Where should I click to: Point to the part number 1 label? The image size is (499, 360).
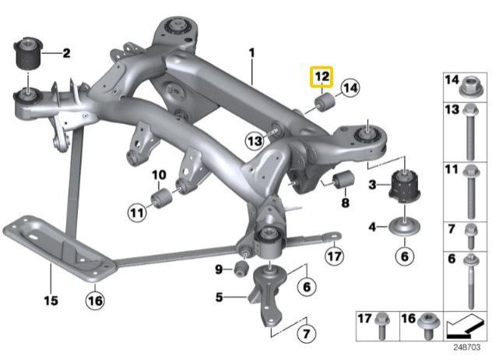click(251, 53)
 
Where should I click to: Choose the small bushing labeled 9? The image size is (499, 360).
click(241, 269)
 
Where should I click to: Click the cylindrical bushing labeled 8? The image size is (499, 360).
click(343, 181)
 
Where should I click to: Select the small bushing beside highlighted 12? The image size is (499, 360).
click(323, 103)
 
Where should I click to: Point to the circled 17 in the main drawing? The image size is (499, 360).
click(333, 255)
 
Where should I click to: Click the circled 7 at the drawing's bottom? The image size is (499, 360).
click(305, 334)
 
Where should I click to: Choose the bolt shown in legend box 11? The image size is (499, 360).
click(469, 192)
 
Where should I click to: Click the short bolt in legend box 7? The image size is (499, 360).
click(469, 234)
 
